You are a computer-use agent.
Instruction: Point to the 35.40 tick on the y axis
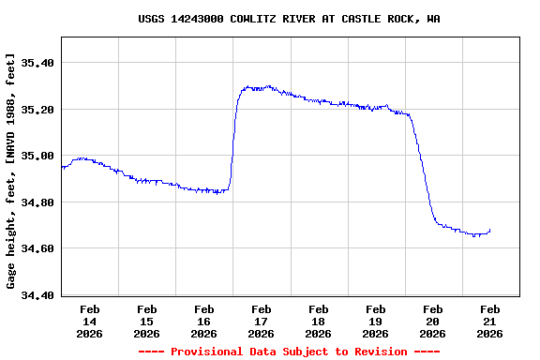click(37, 63)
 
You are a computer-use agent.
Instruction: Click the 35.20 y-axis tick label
click(37, 110)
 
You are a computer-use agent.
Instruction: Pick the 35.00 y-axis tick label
click(37, 156)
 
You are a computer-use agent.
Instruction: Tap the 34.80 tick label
click(37, 202)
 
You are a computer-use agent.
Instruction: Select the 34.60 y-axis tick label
click(37, 248)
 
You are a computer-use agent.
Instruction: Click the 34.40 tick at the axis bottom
click(37, 295)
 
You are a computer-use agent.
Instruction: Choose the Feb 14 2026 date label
click(90, 321)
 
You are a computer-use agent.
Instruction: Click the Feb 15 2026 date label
click(147, 321)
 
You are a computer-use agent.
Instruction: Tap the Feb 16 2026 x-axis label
click(204, 321)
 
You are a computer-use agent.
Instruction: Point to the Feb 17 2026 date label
click(262, 321)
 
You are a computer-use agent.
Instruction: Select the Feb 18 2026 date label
click(319, 321)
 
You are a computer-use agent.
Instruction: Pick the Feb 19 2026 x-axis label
click(376, 321)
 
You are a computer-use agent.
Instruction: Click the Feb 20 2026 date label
click(433, 321)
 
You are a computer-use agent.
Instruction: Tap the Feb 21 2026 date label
click(490, 321)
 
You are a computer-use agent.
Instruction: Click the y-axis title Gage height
click(11, 172)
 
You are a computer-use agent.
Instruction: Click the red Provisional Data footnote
click(289, 352)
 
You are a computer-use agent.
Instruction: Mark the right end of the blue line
click(489, 230)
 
